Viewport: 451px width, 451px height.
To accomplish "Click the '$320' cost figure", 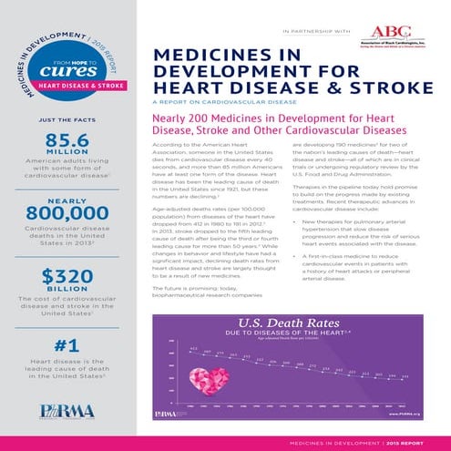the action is point(65,277).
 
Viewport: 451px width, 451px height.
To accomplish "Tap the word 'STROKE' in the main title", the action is point(384,88).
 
